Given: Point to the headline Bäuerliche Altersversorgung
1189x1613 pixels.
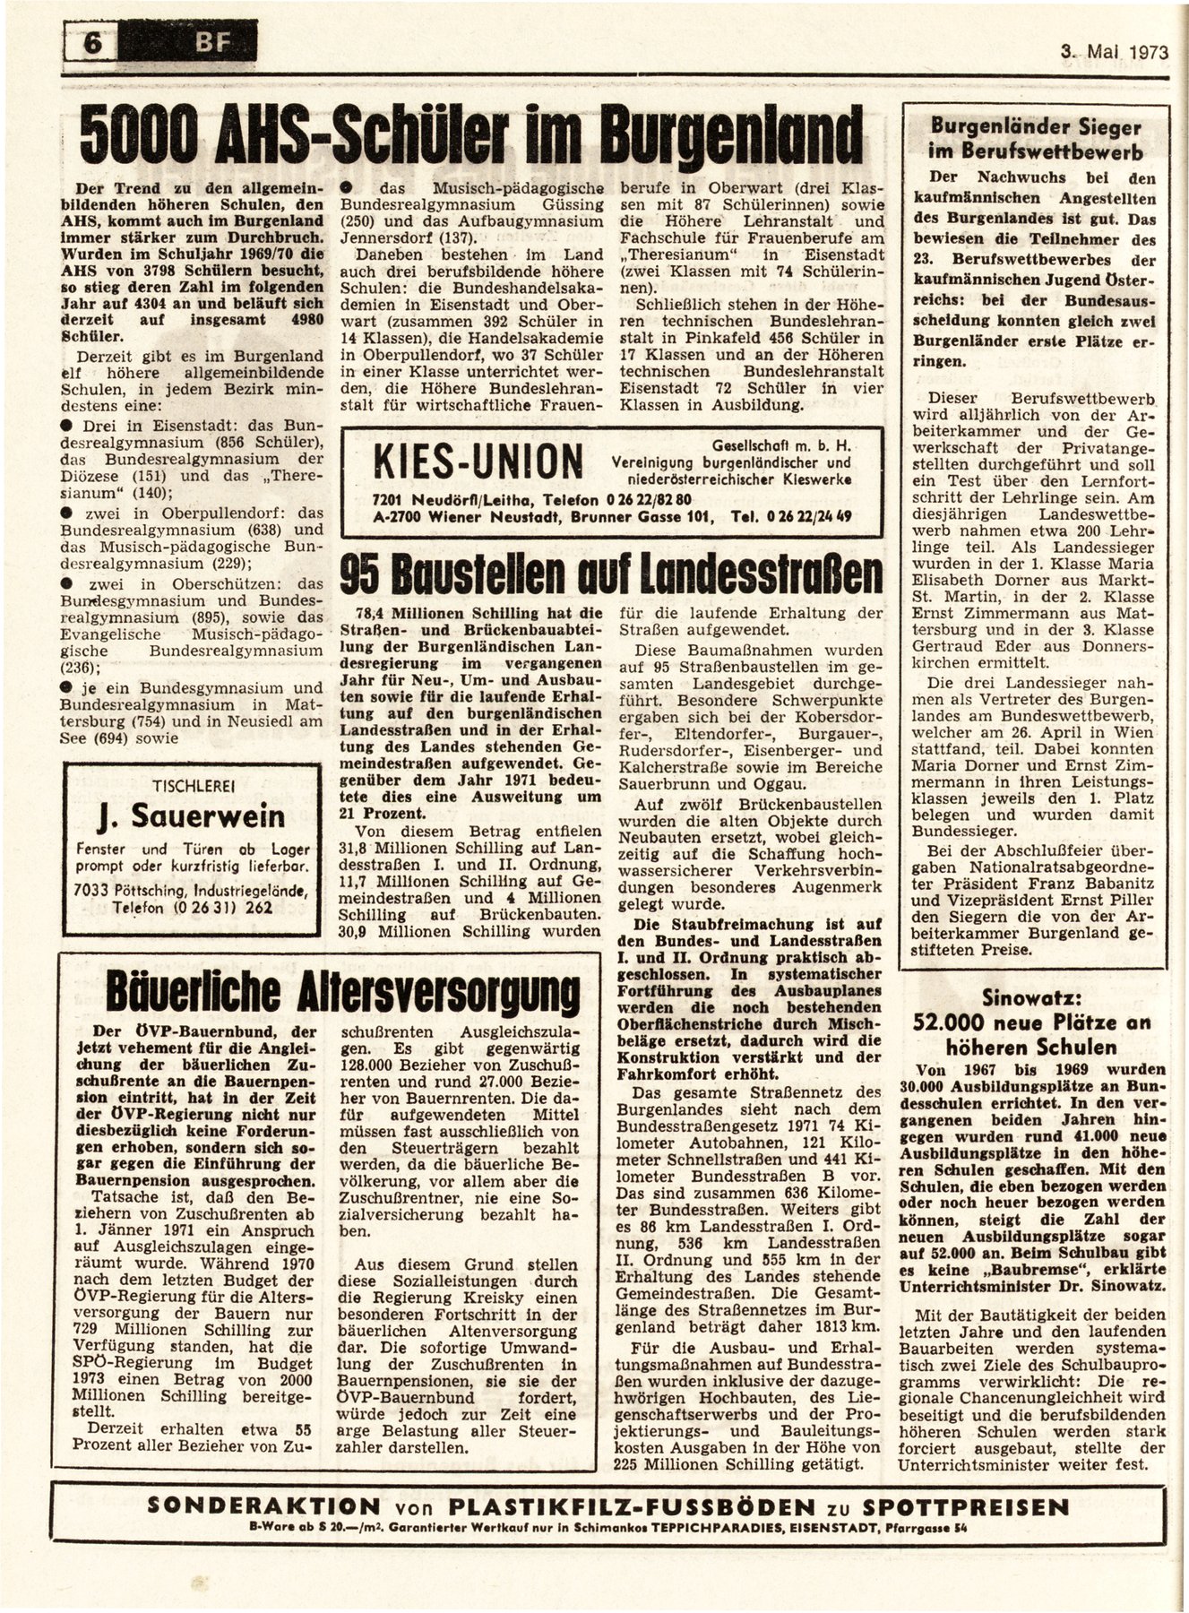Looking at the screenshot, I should point(342,993).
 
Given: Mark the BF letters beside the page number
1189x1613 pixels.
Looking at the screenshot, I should point(194,41).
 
